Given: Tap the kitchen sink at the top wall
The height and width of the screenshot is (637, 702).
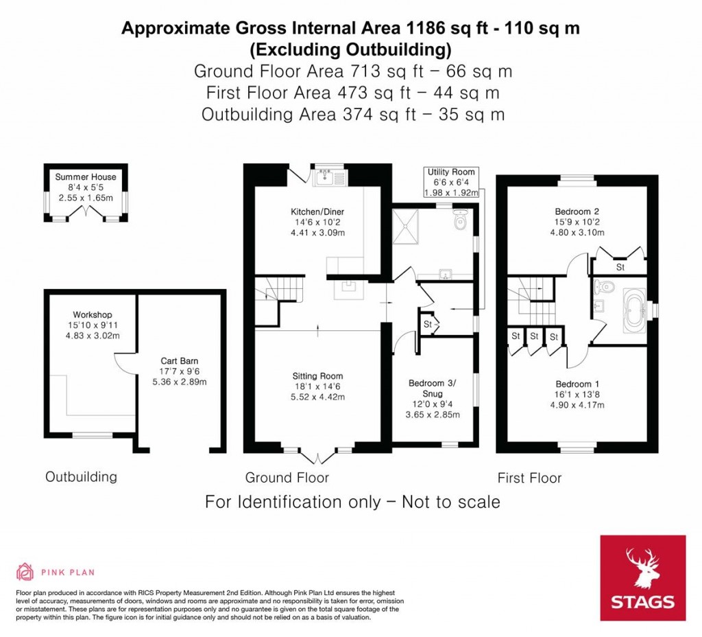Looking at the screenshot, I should tap(330, 178).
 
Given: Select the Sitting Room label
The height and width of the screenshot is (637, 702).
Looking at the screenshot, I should tap(317, 376).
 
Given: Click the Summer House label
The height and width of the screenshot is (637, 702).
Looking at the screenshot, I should tap(86, 177).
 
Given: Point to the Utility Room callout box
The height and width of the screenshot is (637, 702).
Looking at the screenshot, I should tap(450, 183).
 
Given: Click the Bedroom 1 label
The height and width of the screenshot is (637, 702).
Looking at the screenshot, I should tap(575, 383).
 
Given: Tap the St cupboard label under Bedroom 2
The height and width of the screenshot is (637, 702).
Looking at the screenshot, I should tap(620, 267).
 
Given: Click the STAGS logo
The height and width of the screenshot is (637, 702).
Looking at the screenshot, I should tap(642, 577).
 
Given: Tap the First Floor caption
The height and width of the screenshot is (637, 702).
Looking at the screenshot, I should tap(530, 478).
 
